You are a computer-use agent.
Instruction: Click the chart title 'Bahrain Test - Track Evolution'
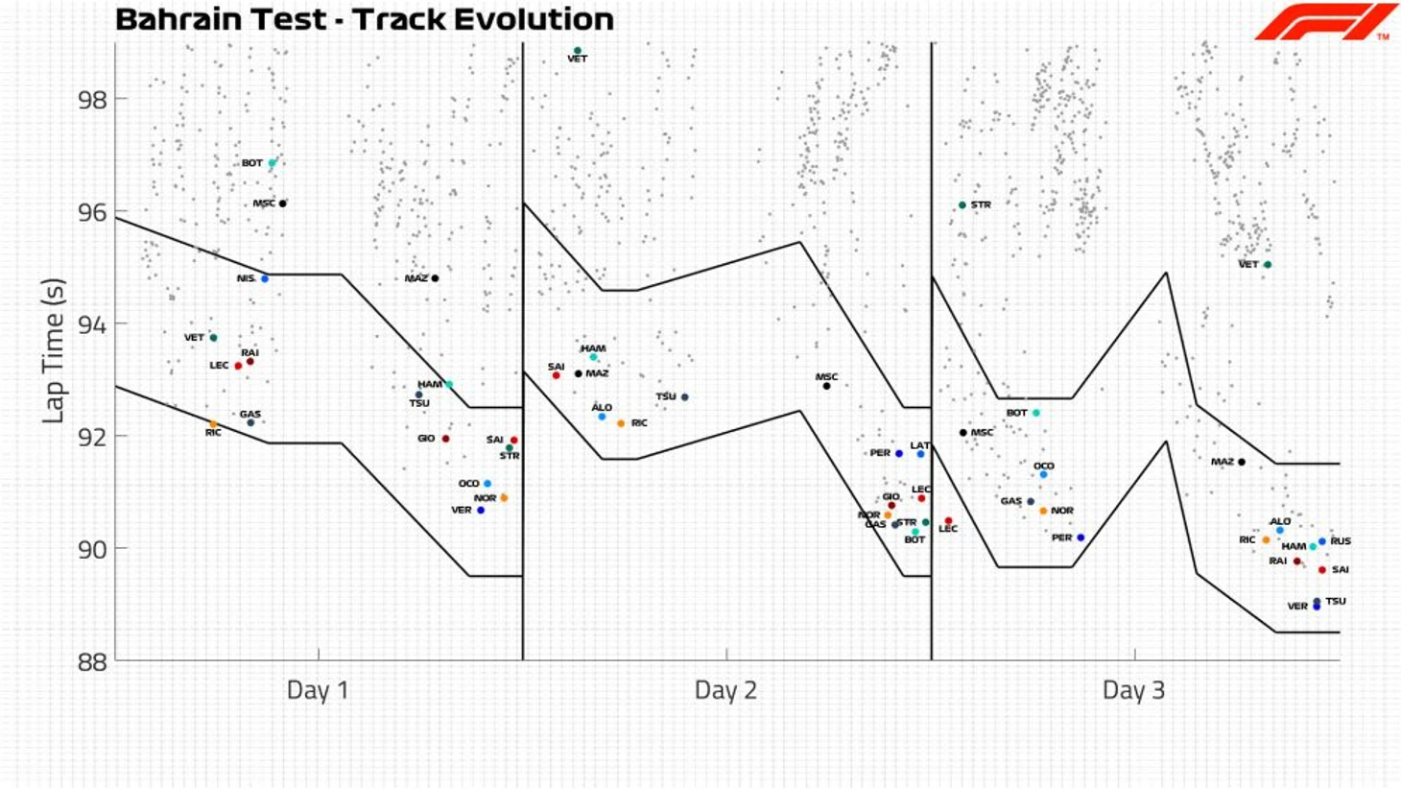point(364,19)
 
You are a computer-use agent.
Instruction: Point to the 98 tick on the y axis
point(93,99)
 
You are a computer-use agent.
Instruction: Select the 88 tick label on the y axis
point(93,660)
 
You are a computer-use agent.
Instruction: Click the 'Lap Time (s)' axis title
point(54,350)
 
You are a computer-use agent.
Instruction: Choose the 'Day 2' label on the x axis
point(725,690)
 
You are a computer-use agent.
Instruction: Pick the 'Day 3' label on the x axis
point(1133,690)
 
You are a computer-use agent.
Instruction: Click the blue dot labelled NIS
point(265,278)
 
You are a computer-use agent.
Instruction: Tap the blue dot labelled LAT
point(920,454)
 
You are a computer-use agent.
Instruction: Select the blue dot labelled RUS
point(1322,541)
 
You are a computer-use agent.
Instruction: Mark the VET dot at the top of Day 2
point(577,51)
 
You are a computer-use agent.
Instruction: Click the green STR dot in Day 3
point(962,205)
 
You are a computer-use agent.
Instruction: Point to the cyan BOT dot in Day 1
point(273,163)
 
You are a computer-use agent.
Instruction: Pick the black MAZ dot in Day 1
point(435,278)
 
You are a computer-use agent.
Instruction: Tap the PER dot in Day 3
point(1080,538)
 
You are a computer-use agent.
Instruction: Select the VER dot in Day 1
point(481,510)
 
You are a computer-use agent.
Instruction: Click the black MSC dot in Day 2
point(826,386)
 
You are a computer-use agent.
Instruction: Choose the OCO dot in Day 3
point(1043,474)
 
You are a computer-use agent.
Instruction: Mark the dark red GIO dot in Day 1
point(445,439)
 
